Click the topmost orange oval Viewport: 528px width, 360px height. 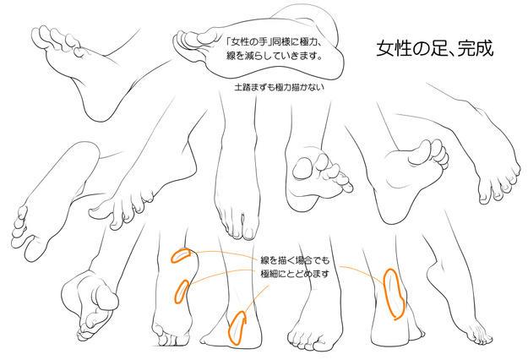(x=180, y=255)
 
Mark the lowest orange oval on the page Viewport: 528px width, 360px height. (x=238, y=326)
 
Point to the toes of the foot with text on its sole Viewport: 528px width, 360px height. (x=188, y=38)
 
